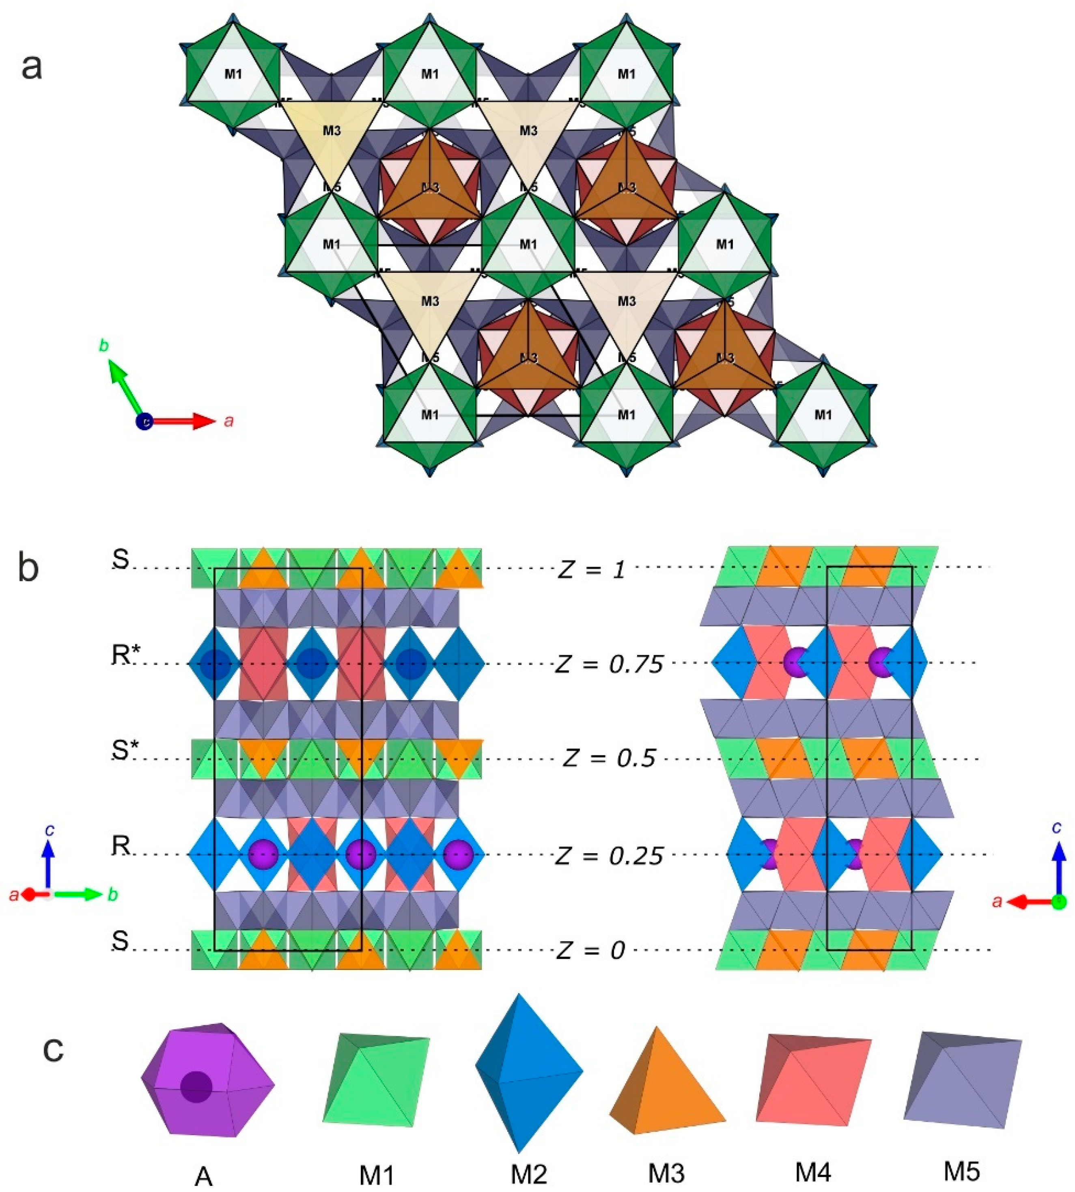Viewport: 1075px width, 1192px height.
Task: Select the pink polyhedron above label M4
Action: [813, 1079]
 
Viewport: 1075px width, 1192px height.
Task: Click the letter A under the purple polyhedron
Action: [203, 1176]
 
